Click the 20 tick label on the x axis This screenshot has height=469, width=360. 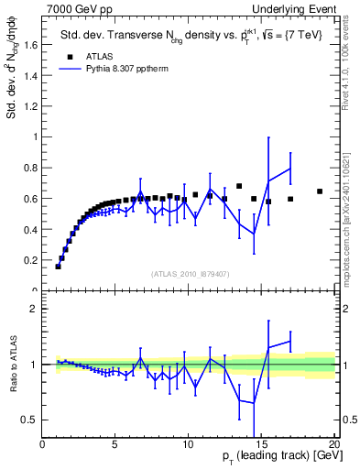pyautogui.click(x=333, y=445)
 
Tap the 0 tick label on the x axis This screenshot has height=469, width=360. pyautogui.click(x=43, y=445)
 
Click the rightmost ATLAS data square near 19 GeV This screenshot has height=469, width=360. pyautogui.click(x=320, y=191)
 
